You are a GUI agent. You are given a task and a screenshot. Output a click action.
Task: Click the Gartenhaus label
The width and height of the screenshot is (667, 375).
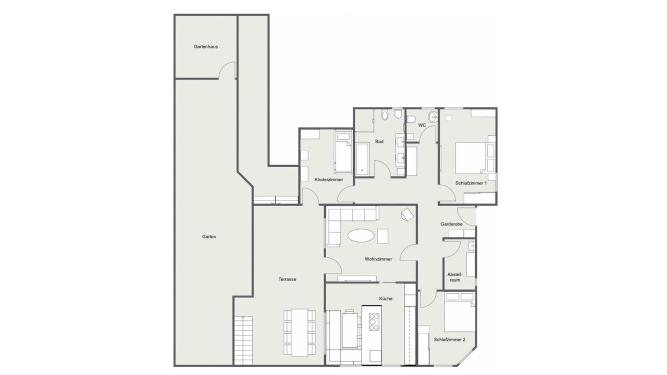(206, 47)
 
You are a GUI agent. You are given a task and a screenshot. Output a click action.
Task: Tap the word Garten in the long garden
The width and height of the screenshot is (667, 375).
(209, 237)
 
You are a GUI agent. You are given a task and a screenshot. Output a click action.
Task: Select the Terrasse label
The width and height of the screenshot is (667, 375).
(287, 280)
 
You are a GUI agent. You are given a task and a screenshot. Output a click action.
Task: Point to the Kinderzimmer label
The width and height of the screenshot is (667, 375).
(329, 180)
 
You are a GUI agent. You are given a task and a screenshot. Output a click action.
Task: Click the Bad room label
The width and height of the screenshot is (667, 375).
(379, 142)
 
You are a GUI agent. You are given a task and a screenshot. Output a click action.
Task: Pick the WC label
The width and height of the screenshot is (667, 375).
(422, 126)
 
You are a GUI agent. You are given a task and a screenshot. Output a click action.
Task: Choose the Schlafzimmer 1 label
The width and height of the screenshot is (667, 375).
(471, 183)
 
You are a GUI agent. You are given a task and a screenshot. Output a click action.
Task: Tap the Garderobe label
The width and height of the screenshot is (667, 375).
(452, 224)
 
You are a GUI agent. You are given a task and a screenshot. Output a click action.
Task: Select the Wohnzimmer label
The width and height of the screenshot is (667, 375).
(378, 259)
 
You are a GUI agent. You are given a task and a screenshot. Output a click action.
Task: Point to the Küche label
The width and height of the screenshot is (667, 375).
(386, 299)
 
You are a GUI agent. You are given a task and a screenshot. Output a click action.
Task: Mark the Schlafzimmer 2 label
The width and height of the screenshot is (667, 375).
(450, 340)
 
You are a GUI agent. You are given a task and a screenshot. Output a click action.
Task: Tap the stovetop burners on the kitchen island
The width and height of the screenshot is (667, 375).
(374, 322)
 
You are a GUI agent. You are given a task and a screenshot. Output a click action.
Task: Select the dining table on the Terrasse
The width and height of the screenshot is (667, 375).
(300, 332)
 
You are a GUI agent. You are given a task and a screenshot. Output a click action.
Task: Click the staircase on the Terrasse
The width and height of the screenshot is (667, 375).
(243, 341)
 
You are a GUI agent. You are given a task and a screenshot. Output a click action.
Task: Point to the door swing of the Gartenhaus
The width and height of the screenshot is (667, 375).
(227, 70)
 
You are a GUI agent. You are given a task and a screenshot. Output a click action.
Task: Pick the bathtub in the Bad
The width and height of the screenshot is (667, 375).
(362, 159)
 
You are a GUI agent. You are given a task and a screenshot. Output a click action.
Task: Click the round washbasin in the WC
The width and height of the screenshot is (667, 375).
(433, 116)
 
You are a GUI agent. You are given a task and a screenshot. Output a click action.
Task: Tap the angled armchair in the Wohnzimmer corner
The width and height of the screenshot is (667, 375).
(407, 215)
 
